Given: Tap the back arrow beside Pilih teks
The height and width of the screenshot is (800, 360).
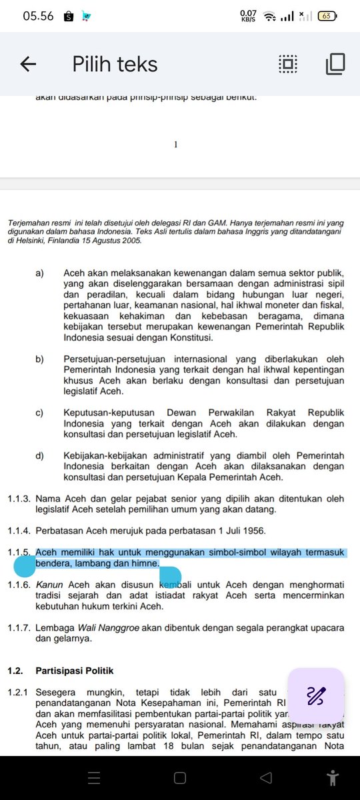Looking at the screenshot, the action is coord(28,64).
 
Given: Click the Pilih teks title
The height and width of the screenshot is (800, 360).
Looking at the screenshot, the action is coord(115,64).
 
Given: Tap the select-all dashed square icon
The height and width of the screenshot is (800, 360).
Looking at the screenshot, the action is coord(287,64).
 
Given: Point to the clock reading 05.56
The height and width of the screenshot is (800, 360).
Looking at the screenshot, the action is coord(38,16).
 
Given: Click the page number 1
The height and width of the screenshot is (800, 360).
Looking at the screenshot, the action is coord(175,143).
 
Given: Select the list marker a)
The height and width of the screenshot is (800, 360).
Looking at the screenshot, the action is coord(40,273).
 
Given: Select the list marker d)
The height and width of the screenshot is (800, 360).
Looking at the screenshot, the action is coord(40,456).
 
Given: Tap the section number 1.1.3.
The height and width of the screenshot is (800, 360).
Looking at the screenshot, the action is coord(19,498).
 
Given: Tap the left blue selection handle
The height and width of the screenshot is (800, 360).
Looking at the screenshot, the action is coord(25,567).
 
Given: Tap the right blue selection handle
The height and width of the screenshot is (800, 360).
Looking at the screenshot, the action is coord(170,577).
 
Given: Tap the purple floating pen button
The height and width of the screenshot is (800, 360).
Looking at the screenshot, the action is coord(316,696).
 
